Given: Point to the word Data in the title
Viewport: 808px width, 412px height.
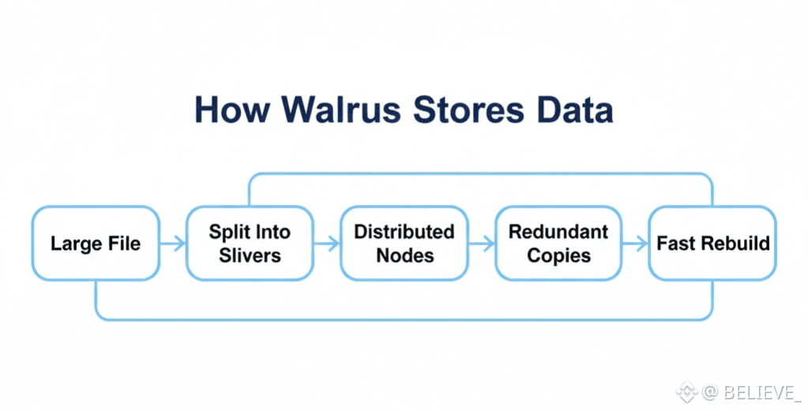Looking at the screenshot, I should (574, 110).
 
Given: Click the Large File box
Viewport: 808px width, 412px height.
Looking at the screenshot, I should (95, 243).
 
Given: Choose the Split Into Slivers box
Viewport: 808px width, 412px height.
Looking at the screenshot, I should (250, 243).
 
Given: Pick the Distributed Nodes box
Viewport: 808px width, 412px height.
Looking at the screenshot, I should (404, 243).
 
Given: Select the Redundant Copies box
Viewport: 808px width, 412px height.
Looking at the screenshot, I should (558, 243).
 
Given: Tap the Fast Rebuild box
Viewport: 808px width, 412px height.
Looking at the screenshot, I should (712, 243).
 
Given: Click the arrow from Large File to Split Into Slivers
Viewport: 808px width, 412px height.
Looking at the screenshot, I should (172, 243).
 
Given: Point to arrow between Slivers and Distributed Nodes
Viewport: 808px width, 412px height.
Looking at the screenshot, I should (327, 243).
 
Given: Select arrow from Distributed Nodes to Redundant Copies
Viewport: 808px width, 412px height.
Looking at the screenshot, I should (482, 243).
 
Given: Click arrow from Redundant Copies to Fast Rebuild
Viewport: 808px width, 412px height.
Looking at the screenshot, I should (635, 243).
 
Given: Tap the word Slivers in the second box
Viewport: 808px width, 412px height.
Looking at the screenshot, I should (250, 255).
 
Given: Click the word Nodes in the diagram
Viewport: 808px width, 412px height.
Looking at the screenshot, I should (404, 255).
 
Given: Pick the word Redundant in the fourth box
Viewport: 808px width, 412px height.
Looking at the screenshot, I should (558, 232).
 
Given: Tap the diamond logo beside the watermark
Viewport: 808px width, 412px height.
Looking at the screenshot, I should (685, 391).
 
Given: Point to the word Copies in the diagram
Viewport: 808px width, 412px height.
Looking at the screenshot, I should (558, 255).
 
